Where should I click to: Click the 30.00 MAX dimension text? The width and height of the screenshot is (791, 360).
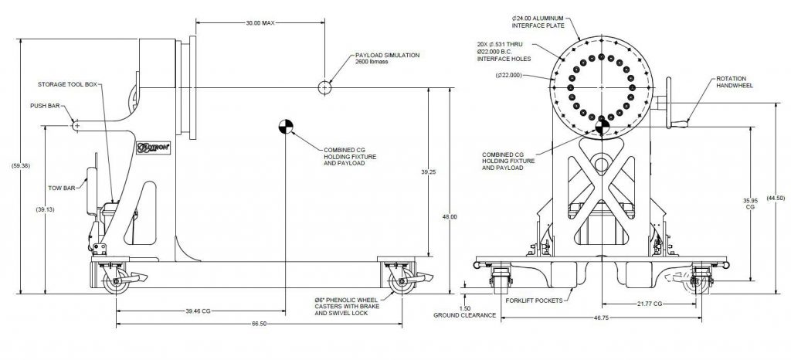[x=259, y=23]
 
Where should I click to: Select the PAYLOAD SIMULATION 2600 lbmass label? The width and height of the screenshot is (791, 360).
[x=386, y=59]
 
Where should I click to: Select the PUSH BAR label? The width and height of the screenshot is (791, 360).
[x=45, y=106]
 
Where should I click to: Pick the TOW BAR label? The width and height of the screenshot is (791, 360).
[x=62, y=188]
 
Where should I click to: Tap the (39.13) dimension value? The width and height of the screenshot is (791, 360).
[x=45, y=209]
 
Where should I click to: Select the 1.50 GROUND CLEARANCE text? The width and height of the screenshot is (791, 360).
[x=464, y=312]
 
